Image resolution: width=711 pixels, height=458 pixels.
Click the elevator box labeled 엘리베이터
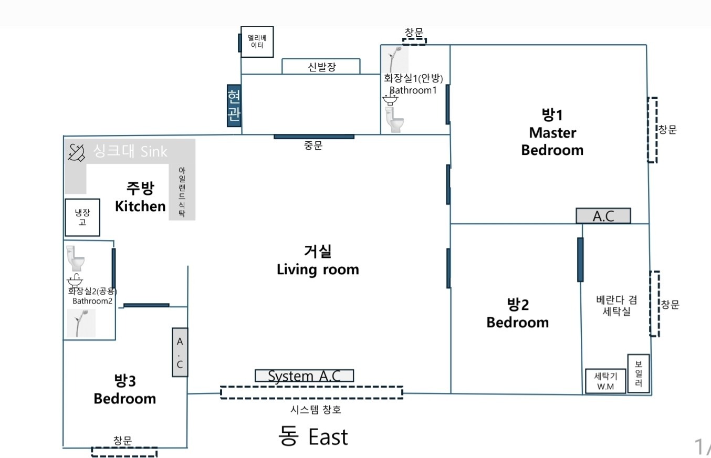click(x=257, y=42)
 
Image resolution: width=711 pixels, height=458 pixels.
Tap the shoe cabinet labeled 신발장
click(x=321, y=66)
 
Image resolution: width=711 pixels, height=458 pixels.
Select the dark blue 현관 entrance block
click(x=234, y=106)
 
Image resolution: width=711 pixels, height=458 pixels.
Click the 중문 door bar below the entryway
click(x=314, y=137)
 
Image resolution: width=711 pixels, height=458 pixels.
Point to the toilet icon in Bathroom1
click(x=394, y=120)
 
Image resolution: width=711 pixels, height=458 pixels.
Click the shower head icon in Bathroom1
click(x=394, y=59)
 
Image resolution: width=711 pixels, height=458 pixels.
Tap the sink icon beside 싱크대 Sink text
click(x=76, y=153)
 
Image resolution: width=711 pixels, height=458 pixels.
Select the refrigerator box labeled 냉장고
click(x=82, y=217)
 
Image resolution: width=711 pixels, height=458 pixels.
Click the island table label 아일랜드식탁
click(x=182, y=192)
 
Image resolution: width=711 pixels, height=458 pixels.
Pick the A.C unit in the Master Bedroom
click(x=603, y=216)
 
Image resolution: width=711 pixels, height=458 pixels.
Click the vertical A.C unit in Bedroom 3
click(x=180, y=352)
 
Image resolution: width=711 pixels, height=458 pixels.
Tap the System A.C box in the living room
click(x=304, y=376)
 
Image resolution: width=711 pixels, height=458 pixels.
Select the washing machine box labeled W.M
click(x=605, y=381)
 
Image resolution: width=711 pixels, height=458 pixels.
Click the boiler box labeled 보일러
click(x=639, y=373)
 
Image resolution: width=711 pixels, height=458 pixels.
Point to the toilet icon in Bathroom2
click(x=76, y=258)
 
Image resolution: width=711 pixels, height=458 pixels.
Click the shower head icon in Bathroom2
click(x=81, y=323)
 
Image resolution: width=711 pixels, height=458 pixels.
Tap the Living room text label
click(x=318, y=270)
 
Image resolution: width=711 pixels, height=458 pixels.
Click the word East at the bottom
click(x=328, y=437)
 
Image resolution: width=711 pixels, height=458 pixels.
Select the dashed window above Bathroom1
click(x=414, y=41)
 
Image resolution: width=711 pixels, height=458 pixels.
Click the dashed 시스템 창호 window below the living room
click(x=312, y=393)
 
